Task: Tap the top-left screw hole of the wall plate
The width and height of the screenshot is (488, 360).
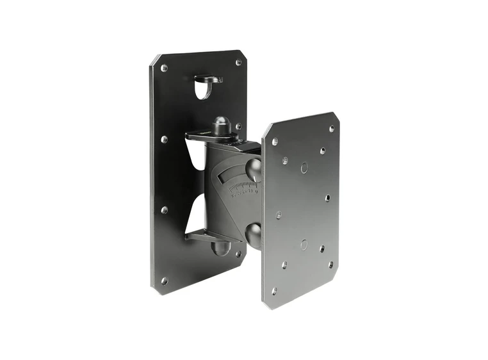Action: tap(164, 67)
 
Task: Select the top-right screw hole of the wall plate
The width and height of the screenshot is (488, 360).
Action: tap(238, 63)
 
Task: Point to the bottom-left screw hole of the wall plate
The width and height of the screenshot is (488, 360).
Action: tap(164, 280)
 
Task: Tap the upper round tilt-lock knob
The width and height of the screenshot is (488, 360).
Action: tap(254, 170)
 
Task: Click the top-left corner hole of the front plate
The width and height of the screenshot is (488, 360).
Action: tap(275, 142)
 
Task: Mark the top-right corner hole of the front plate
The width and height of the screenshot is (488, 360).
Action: tap(332, 128)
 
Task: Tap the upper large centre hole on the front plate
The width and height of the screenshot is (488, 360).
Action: tap(304, 167)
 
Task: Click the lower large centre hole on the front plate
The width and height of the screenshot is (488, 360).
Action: tap(304, 244)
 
